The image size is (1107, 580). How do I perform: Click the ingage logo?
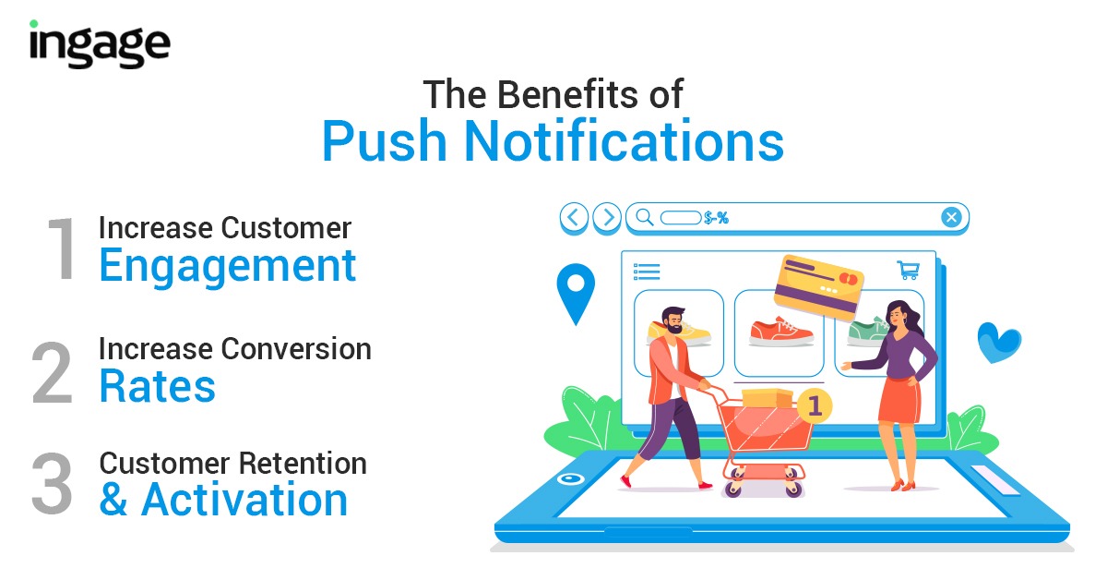pyautogui.click(x=100, y=43)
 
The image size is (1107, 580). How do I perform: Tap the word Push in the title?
pyautogui.click(x=385, y=141)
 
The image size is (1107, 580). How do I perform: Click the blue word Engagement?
pyautogui.click(x=227, y=266)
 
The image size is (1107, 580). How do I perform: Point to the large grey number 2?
pyautogui.click(x=53, y=372)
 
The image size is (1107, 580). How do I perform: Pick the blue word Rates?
pyautogui.click(x=157, y=386)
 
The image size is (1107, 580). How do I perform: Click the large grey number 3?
pyautogui.click(x=52, y=483)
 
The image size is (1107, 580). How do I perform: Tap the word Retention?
pyautogui.click(x=303, y=464)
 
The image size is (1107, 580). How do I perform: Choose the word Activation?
pyautogui.click(x=244, y=500)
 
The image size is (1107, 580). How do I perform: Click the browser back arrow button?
pyautogui.click(x=574, y=217)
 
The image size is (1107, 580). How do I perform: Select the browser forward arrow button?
pyautogui.click(x=607, y=217)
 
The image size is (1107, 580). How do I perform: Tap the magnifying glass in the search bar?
pyautogui.click(x=645, y=217)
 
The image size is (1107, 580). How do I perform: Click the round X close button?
pyautogui.click(x=951, y=217)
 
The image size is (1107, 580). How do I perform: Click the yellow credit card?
pyautogui.click(x=818, y=287)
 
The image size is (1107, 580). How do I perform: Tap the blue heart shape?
pyautogui.click(x=999, y=343)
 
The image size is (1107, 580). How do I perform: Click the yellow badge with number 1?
pyautogui.click(x=815, y=405)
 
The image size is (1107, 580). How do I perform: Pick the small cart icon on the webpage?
pyautogui.click(x=909, y=271)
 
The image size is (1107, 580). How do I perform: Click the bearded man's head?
pyautogui.click(x=673, y=320)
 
